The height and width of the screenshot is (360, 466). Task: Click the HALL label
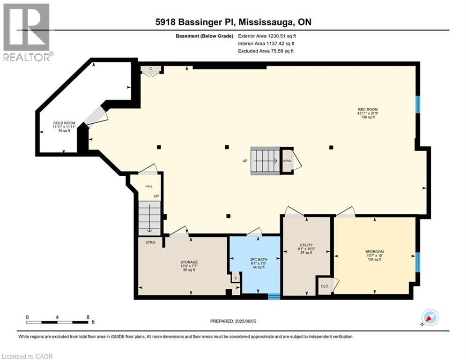[x=148, y=186]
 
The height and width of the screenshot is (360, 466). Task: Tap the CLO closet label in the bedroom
[x=324, y=285]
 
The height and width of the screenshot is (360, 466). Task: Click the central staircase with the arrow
[x=265, y=161]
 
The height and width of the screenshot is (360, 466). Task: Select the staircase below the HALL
[x=149, y=218]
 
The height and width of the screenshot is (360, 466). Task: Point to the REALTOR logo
[x=26, y=32]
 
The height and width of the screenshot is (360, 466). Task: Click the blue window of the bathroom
[x=274, y=296]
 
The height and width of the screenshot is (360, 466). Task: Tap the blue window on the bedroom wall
[x=418, y=262]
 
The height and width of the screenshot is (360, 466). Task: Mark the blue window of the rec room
[x=418, y=105]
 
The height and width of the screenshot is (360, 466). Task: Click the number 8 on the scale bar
[x=88, y=317]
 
